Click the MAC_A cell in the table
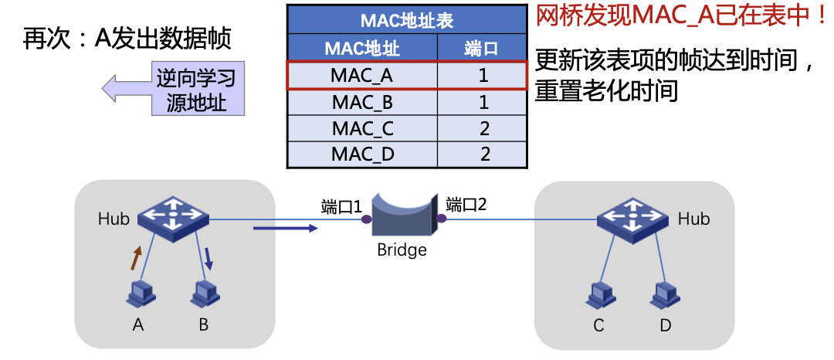[362, 76]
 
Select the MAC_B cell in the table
[362, 102]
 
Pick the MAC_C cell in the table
[362, 128]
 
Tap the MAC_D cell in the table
[362, 154]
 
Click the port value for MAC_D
[484, 154]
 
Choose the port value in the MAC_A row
[483, 76]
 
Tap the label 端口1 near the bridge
[341, 206]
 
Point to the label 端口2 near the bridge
[466, 205]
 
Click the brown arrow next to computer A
[136, 258]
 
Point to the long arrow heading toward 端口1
[285, 228]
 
